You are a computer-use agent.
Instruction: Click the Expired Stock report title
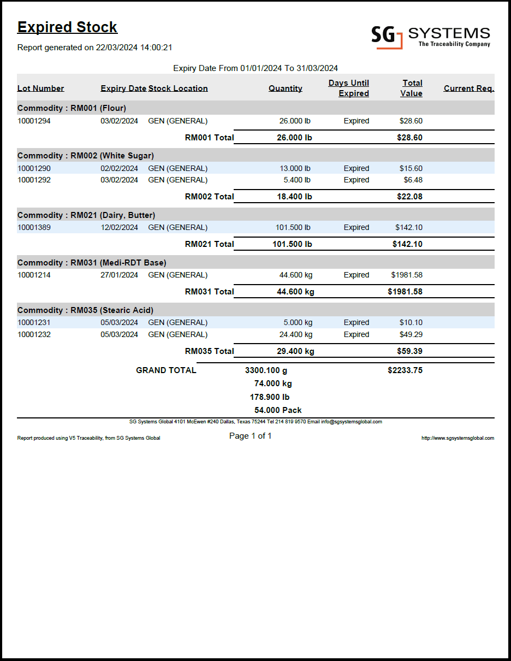point(67,27)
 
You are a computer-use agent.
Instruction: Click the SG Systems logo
point(430,37)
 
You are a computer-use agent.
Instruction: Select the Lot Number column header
point(41,88)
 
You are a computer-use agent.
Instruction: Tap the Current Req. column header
point(469,88)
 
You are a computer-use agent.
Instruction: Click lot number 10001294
point(34,121)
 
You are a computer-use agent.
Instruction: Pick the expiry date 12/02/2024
point(119,227)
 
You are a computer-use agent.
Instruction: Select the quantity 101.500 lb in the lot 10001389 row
point(293,227)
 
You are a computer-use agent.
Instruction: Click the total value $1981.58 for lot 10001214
point(407,275)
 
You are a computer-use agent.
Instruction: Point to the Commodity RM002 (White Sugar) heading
point(86,156)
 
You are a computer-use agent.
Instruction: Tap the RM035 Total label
point(209,351)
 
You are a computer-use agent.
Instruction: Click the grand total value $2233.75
point(405,370)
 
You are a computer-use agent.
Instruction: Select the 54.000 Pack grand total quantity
point(278,410)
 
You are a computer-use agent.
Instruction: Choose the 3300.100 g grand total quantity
point(266,370)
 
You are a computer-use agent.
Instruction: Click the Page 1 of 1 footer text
point(250,436)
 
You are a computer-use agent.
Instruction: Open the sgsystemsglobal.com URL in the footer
point(457,438)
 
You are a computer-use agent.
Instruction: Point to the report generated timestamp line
point(95,48)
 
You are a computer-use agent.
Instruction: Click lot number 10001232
point(34,334)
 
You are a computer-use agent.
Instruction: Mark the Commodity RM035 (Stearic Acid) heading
point(85,310)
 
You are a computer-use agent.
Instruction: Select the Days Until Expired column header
point(349,88)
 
